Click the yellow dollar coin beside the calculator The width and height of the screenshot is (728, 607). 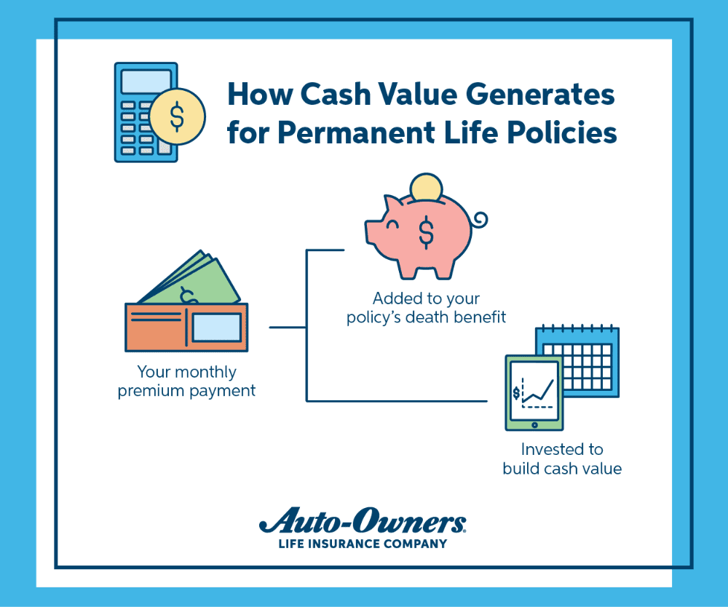(x=176, y=116)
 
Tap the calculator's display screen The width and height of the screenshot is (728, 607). (x=146, y=80)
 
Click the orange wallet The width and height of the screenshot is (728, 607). (x=186, y=328)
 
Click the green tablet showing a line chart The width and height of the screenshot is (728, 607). (x=534, y=392)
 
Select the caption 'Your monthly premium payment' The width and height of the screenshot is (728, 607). (x=187, y=381)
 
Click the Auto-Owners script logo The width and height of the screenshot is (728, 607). (x=363, y=523)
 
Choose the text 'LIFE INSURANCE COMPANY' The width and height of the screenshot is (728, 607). (x=363, y=543)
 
